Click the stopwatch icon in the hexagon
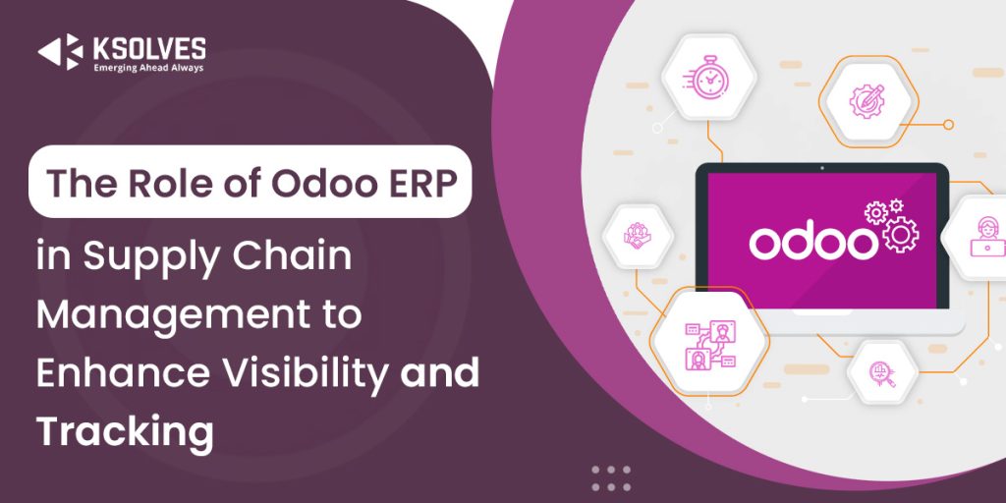(x=705, y=77)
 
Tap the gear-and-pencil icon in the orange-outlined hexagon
(x=867, y=98)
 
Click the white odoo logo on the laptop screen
(x=811, y=242)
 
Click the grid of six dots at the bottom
(x=610, y=478)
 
